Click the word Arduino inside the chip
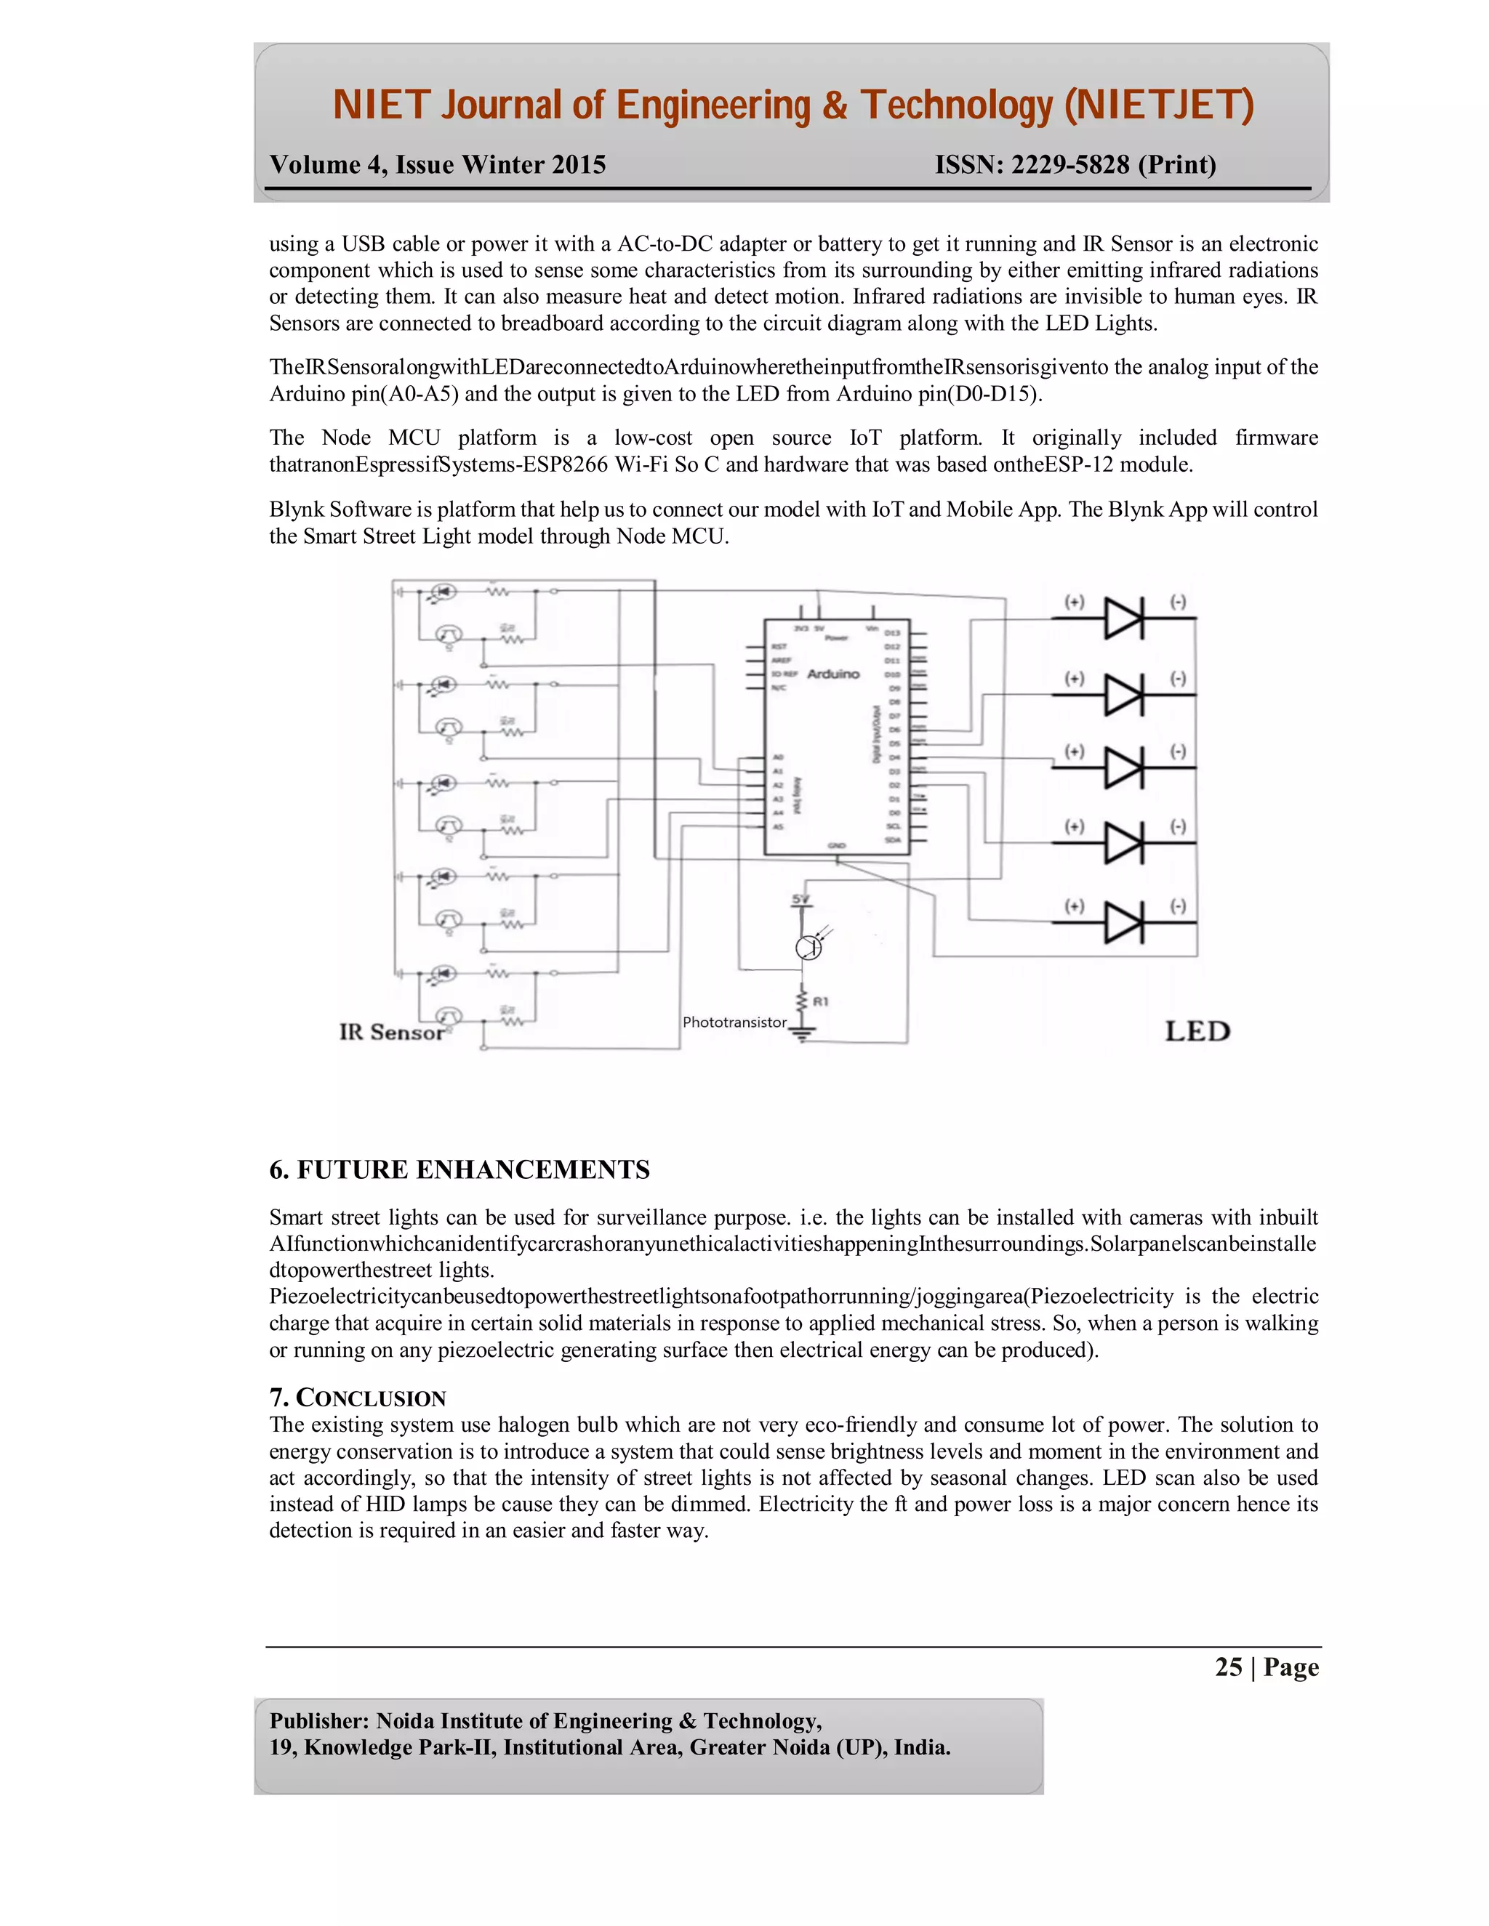(832, 674)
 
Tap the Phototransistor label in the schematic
(734, 1022)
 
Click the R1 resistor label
(820, 1002)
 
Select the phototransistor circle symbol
(808, 947)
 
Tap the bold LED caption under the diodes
(1197, 1031)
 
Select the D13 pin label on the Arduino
(893, 633)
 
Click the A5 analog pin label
(778, 826)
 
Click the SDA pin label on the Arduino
(893, 840)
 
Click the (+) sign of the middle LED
(1074, 752)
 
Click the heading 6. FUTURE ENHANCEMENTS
(459, 1170)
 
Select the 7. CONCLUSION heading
(358, 1398)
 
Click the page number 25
(1228, 1667)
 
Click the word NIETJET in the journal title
(1159, 106)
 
